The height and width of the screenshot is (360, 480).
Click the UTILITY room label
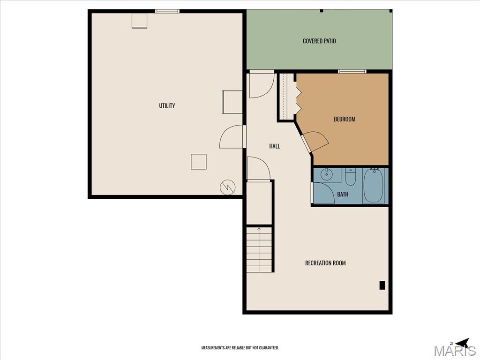point(167,105)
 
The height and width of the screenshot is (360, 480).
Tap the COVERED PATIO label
point(319,41)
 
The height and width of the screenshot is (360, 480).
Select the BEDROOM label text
point(345,119)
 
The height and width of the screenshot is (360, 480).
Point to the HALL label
point(275,146)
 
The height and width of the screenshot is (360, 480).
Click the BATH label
point(343,194)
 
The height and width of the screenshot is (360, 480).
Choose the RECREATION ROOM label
point(325,263)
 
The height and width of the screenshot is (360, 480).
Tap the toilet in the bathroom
point(351,177)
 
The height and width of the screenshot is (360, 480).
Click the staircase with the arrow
point(259,249)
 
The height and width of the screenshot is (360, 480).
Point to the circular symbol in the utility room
point(228,187)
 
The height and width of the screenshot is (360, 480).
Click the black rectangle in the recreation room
point(382,285)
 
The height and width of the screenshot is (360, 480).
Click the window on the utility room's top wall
point(167,11)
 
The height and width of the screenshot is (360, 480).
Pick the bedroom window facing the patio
point(352,72)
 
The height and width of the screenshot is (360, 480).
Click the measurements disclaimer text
point(240,348)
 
